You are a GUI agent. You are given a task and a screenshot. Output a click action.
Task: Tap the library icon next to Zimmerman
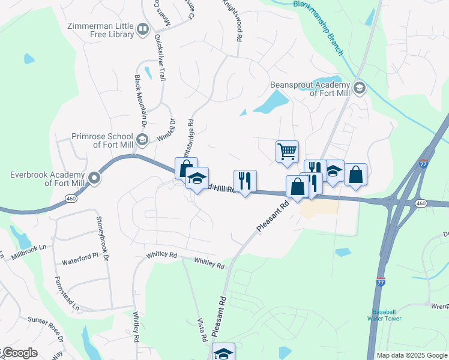point(142,29)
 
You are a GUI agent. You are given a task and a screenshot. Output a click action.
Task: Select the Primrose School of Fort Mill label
point(101,140)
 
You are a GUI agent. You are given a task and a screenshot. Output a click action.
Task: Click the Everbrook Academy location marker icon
point(94,178)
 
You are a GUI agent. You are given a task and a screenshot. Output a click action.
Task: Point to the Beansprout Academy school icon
point(360,88)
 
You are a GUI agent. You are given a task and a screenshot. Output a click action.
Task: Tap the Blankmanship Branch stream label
point(319,26)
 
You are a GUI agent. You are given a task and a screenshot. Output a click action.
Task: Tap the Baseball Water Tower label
point(384,316)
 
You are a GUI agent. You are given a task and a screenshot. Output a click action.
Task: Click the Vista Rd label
point(201,330)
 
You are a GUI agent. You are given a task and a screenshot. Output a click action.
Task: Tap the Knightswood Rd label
point(233,21)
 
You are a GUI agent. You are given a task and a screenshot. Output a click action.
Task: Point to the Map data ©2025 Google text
point(412,355)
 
